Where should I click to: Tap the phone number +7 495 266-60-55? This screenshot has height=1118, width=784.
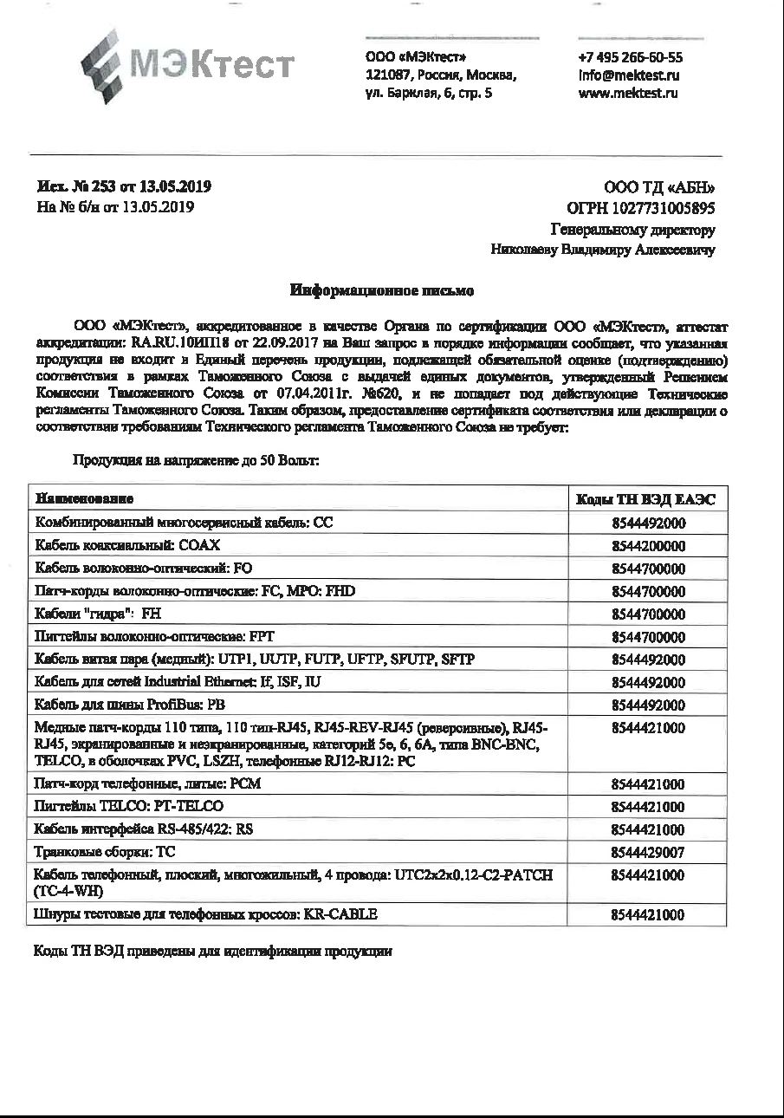[x=630, y=58]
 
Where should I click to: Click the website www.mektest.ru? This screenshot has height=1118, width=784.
[x=627, y=93]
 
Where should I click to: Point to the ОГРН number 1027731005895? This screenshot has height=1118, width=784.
[x=641, y=208]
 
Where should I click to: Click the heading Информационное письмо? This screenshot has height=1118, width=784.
[x=381, y=291]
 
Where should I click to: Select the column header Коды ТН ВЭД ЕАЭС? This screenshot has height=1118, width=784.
[x=646, y=499]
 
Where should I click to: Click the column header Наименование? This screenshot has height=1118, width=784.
[x=85, y=499]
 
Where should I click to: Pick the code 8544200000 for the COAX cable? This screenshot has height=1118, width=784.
[x=648, y=546]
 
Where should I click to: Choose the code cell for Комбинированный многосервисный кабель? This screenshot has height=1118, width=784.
[x=648, y=523]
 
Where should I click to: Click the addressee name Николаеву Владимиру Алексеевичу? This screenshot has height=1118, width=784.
[x=603, y=250]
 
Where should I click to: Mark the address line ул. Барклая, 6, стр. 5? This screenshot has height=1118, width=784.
[x=430, y=93]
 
